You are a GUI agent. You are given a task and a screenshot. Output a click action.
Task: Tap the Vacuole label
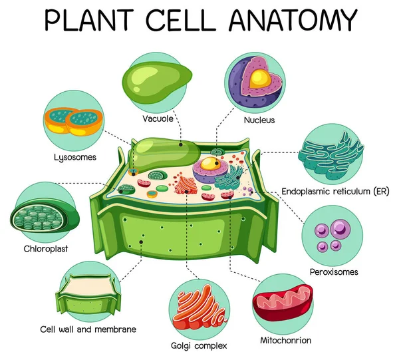coord(158,119)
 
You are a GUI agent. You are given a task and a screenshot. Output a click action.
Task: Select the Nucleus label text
coord(259,120)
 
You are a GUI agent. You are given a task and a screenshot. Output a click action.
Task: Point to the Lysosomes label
coord(75,158)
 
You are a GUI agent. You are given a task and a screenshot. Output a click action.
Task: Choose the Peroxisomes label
coord(334,271)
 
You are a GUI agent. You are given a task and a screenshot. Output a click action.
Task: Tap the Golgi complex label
coord(199,345)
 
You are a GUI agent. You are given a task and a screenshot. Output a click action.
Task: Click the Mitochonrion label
coord(285,341)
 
